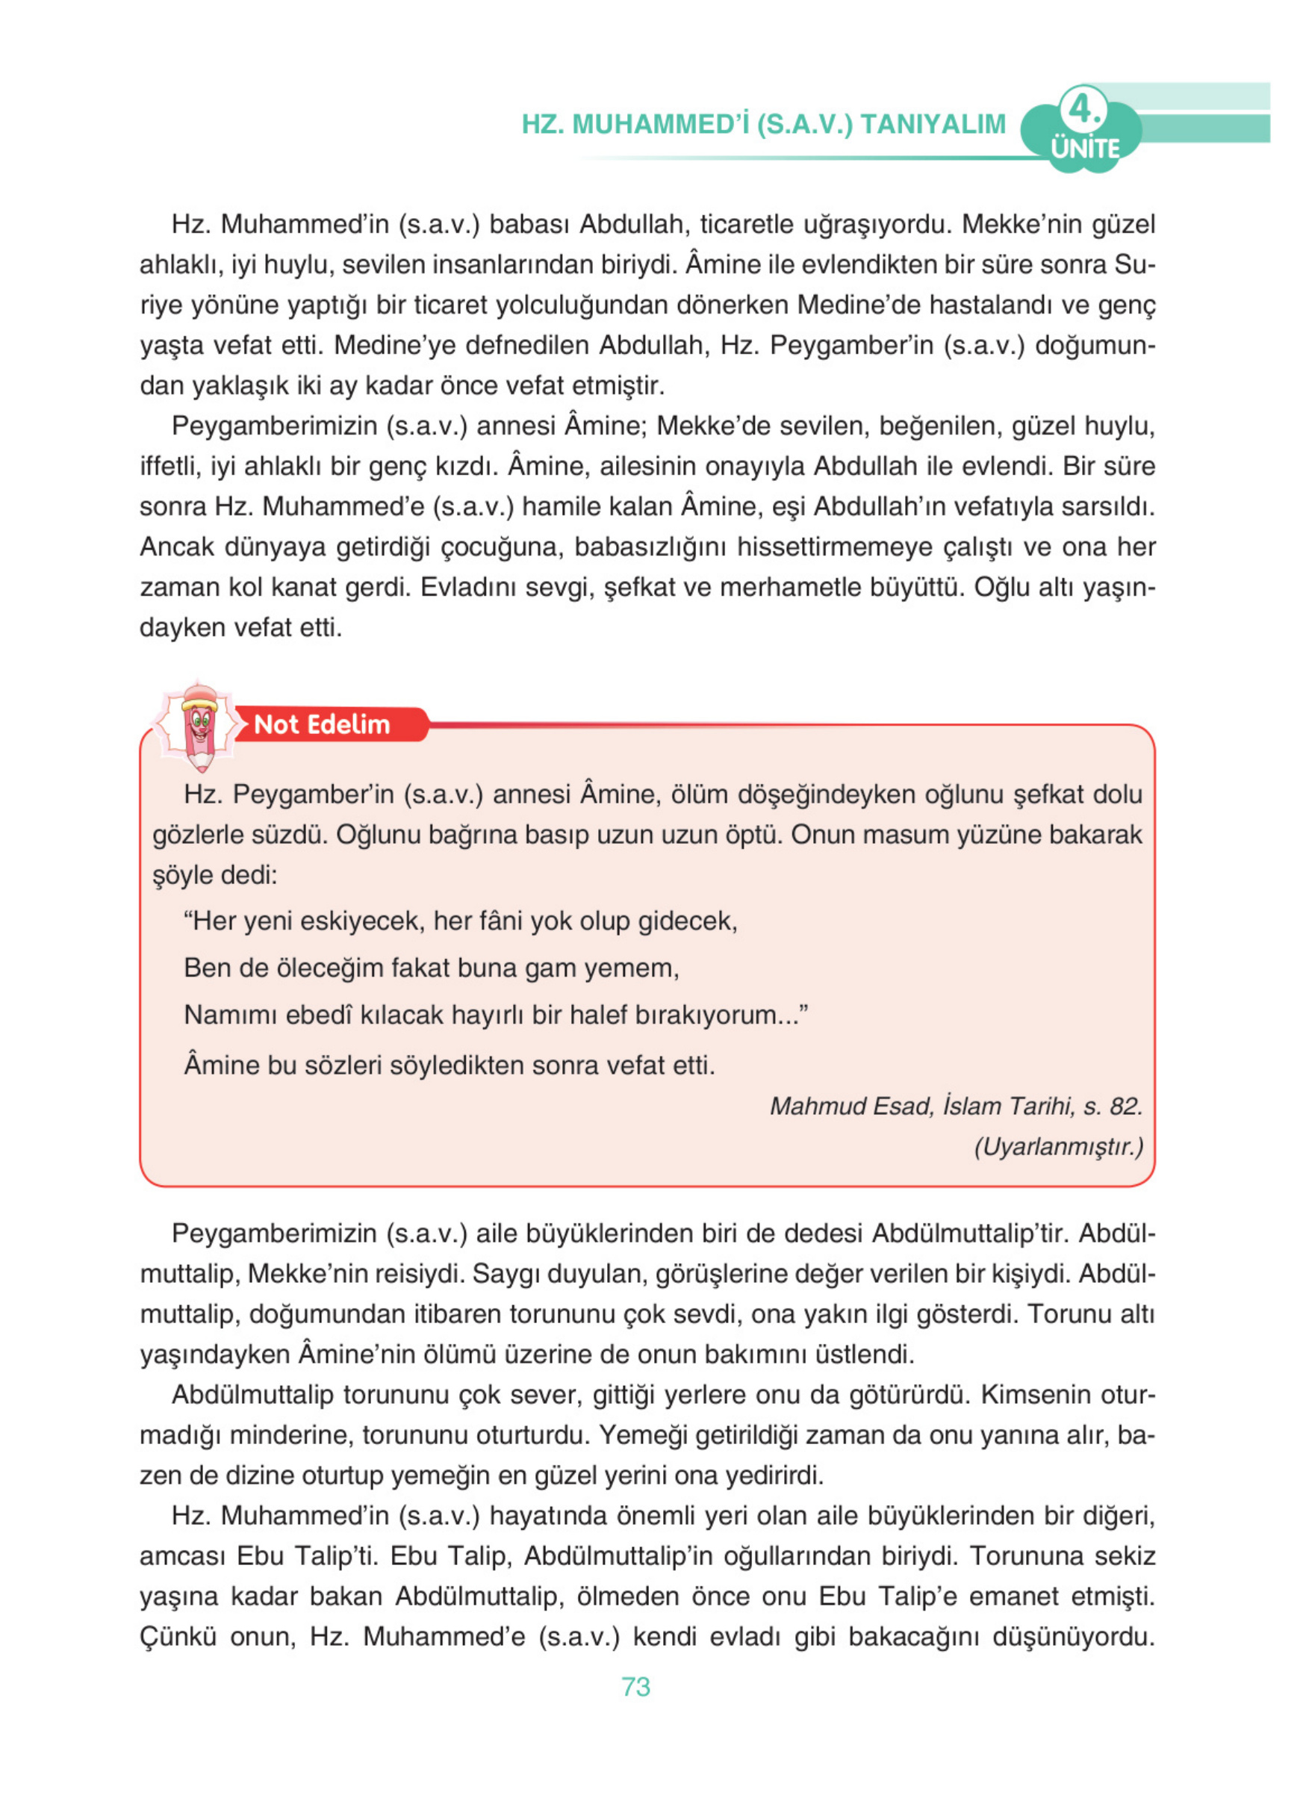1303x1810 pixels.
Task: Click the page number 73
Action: point(635,1686)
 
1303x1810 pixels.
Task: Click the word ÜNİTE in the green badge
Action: point(1084,149)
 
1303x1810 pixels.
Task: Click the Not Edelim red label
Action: point(322,724)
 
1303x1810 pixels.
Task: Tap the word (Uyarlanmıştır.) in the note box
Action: point(1058,1147)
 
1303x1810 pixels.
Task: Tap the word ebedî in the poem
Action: point(318,1014)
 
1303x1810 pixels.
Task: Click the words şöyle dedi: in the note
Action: point(214,875)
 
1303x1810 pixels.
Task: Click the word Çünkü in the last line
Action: point(178,1637)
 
